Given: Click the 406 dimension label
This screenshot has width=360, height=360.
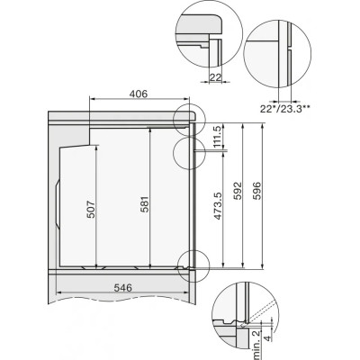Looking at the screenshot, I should point(139,94).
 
